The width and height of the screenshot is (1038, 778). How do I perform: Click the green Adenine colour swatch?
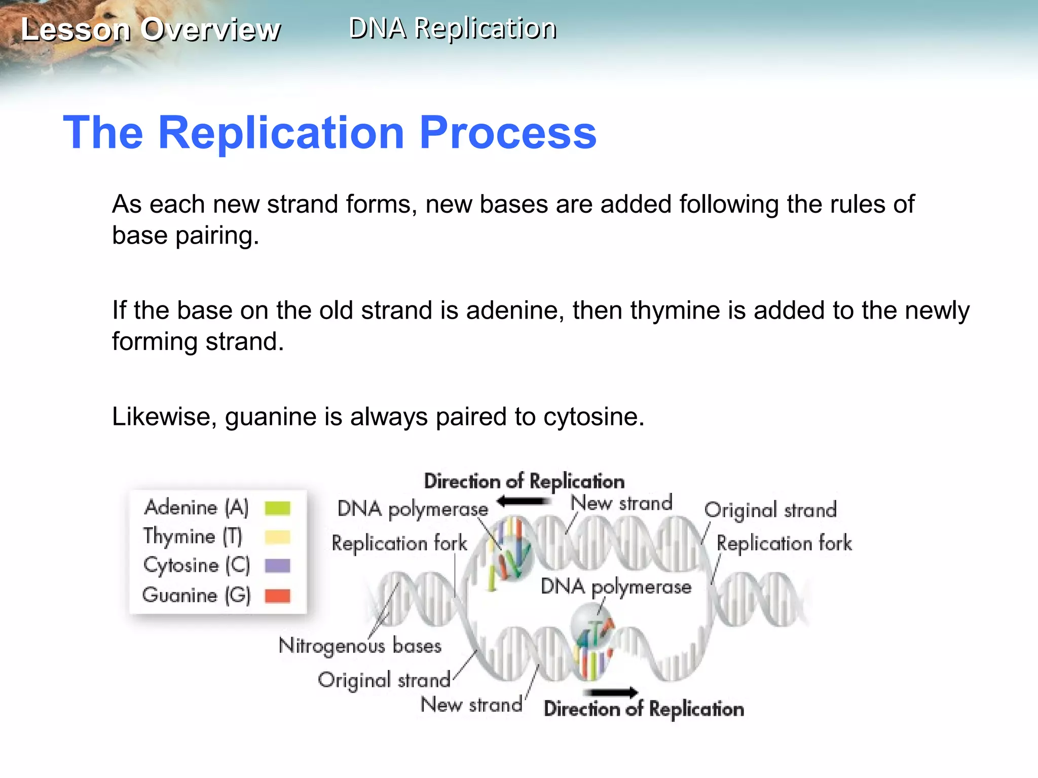coord(277,508)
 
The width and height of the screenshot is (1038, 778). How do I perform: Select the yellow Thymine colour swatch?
coord(277,536)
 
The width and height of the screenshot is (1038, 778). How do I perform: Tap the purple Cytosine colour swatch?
coord(277,565)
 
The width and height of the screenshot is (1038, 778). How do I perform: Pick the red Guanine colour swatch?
coord(277,596)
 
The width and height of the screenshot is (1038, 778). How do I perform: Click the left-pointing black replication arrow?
coord(523,501)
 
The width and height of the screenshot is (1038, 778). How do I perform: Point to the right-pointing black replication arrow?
coord(611,692)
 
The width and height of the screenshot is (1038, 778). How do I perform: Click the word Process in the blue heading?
coord(508,133)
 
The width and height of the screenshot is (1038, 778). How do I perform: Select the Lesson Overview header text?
coord(151,29)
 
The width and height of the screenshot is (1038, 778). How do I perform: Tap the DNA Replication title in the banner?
coord(453,28)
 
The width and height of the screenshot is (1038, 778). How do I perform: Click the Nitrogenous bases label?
coord(360,646)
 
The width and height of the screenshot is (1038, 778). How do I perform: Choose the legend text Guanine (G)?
coord(197,596)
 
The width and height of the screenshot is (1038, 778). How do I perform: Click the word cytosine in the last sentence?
coord(593,417)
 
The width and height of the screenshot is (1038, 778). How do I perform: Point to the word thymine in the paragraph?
coord(675,310)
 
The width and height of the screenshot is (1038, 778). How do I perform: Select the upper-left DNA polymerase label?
coord(413,509)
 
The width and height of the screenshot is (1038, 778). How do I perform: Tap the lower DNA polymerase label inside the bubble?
coord(616,587)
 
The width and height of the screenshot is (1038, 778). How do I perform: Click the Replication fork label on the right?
coord(784,543)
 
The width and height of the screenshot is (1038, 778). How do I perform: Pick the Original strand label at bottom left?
coord(384,680)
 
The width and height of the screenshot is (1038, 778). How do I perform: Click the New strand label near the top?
coord(621,503)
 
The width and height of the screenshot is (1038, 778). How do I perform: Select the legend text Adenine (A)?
coord(197,508)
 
